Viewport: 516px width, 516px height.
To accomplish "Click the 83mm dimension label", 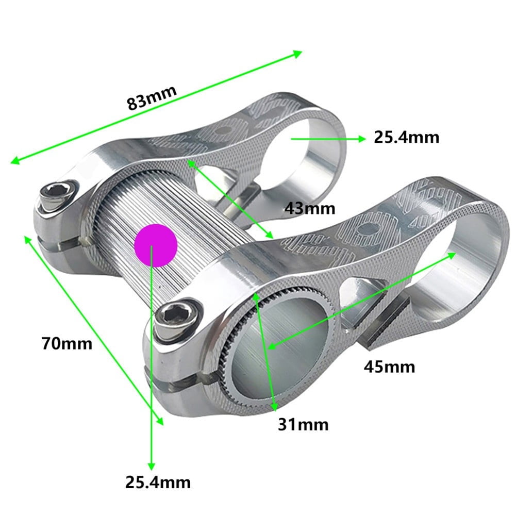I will [x=152, y=96].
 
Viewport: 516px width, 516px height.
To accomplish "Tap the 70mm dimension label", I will [x=67, y=343].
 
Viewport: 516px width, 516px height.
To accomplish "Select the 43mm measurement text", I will [x=310, y=208].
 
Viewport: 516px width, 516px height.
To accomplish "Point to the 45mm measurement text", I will [x=389, y=367].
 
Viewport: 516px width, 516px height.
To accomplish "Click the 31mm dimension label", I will [x=303, y=424].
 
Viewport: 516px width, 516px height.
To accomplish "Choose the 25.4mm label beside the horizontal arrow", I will [x=406, y=138].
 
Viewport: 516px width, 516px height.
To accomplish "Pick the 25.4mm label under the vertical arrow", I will [x=158, y=482].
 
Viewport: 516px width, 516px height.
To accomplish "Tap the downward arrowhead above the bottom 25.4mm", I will [x=152, y=464].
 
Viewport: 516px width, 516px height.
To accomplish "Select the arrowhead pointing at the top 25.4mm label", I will [x=361, y=138].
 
